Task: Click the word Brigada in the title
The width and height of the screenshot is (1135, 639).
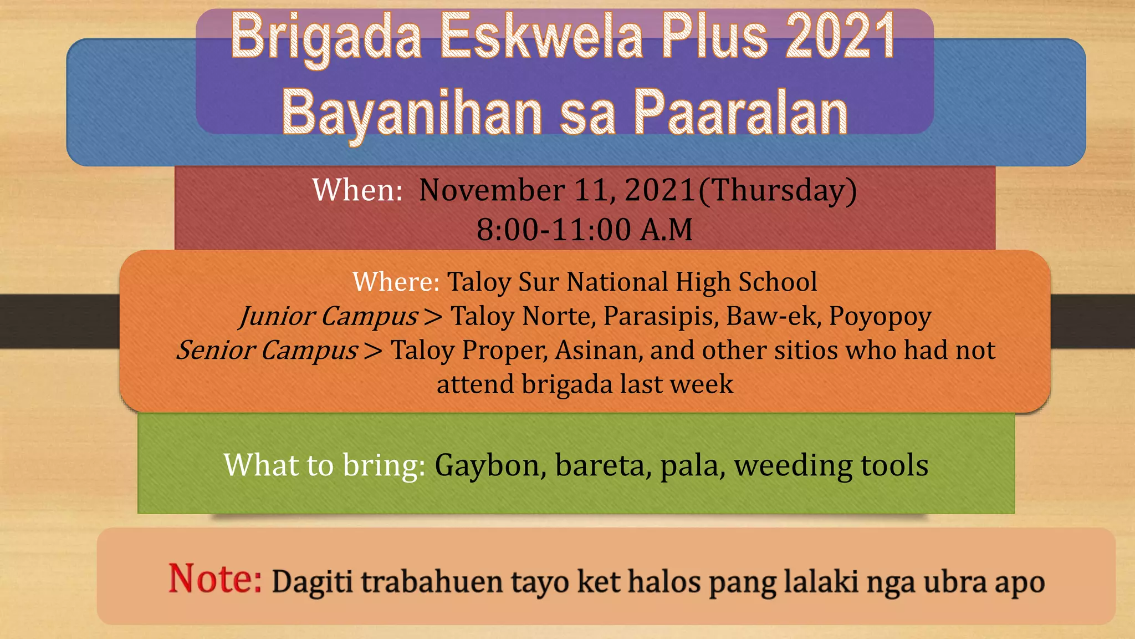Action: [326, 38]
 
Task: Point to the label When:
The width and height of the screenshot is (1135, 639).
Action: [357, 190]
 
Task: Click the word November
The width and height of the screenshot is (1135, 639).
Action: [492, 190]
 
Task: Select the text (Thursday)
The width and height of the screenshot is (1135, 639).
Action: [778, 190]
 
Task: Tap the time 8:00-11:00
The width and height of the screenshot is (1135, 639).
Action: [554, 229]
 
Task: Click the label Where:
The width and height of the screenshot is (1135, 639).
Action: [396, 282]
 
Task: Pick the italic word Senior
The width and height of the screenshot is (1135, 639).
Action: [216, 350]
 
